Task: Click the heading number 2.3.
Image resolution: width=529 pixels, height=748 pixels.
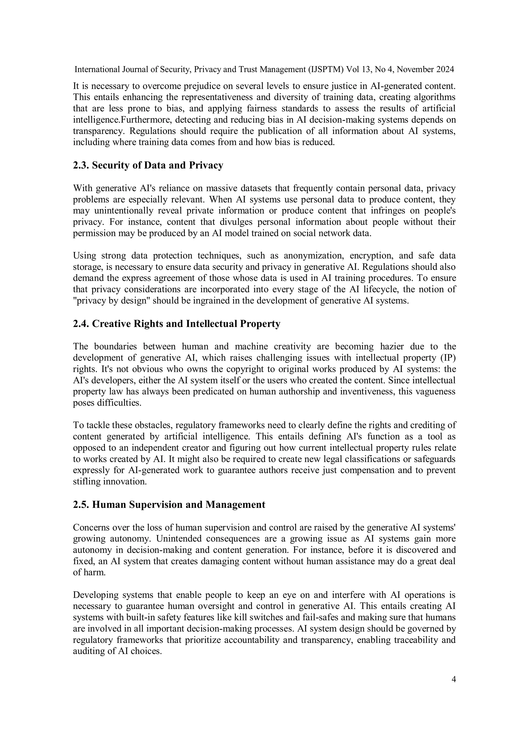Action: pyautogui.click(x=81, y=166)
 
